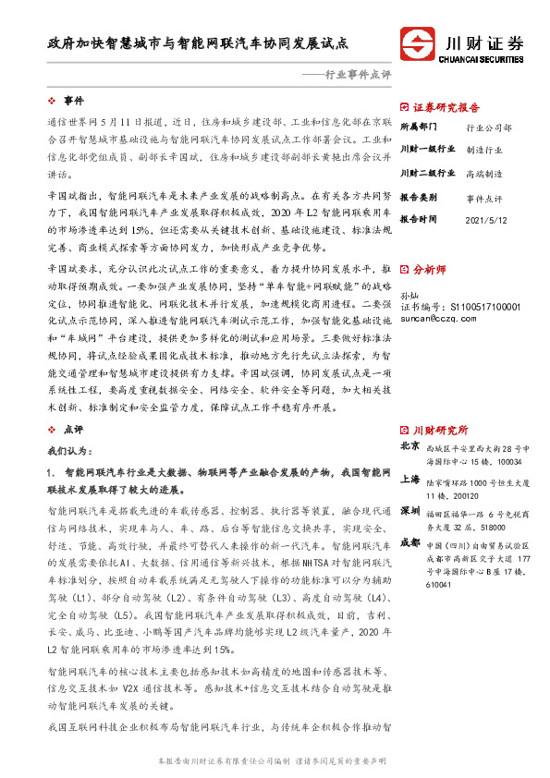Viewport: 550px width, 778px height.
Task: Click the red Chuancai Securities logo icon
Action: tap(420, 43)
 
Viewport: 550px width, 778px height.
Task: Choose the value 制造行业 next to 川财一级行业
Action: tap(484, 149)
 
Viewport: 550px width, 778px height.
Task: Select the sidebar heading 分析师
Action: tap(430, 270)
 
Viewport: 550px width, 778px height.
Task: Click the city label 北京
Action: tap(409, 446)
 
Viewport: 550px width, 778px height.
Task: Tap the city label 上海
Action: tap(409, 480)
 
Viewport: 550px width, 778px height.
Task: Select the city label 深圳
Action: tap(409, 511)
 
